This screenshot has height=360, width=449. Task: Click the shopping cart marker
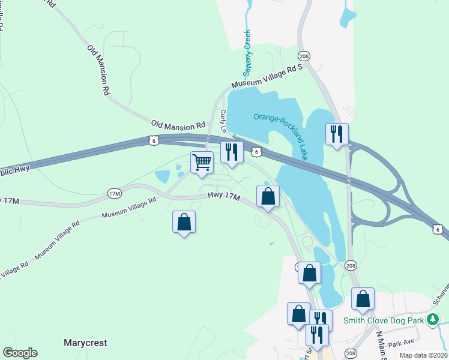point(202,161)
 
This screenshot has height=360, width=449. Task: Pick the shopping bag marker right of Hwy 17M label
point(268,196)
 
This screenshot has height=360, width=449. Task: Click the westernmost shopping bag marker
point(184,222)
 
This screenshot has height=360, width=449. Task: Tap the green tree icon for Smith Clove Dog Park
point(432,320)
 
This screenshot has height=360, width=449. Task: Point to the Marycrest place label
point(85,343)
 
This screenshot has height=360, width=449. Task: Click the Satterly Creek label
point(247,49)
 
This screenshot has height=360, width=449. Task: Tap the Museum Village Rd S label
point(265,78)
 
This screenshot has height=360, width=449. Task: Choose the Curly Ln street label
point(224,121)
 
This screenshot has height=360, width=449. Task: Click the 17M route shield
point(114,193)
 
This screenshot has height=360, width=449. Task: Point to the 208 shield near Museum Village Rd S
point(305,56)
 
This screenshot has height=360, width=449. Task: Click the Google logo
point(20,353)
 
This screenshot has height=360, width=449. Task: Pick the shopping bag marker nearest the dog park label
point(363,299)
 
